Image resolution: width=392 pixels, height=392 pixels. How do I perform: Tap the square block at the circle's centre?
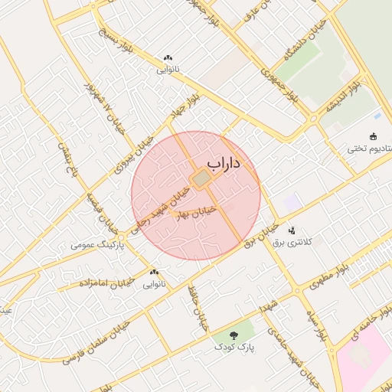[x=201, y=179]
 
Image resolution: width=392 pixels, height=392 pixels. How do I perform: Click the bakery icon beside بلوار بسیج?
[x=168, y=57]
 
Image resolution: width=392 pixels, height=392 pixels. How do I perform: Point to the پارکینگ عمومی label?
[x=94, y=245]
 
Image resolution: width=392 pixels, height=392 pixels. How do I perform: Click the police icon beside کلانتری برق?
[x=292, y=230]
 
